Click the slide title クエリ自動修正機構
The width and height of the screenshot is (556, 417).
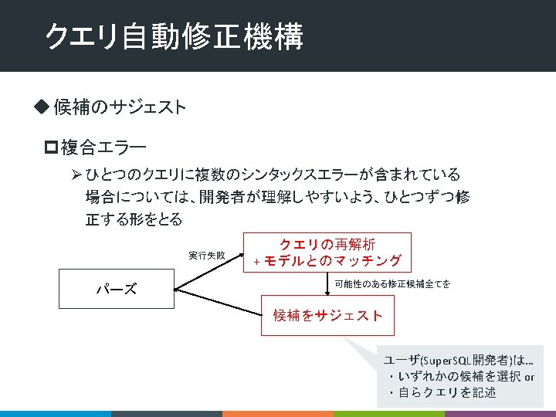click(174, 36)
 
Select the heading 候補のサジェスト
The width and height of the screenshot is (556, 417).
click(120, 107)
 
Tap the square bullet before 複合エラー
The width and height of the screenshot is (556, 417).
click(52, 145)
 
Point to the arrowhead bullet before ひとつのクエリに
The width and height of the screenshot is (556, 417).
click(76, 174)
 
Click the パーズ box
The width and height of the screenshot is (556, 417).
click(116, 289)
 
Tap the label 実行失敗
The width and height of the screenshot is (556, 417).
click(207, 255)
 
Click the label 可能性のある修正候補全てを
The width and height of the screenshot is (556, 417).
click(392, 284)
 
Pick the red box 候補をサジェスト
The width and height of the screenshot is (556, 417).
click(327, 314)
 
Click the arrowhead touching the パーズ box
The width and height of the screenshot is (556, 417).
click(178, 289)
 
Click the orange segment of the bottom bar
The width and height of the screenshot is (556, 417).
click(278, 413)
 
